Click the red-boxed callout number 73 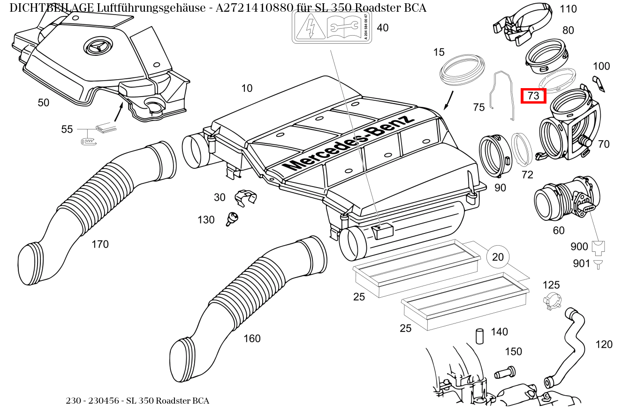[533, 96]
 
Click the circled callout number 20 [498, 257]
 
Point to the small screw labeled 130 [232, 218]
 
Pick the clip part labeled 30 [245, 197]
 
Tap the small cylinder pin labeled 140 [479, 336]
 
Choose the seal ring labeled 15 [462, 69]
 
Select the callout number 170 [100, 244]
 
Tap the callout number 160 [252, 338]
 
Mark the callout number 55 [67, 129]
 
